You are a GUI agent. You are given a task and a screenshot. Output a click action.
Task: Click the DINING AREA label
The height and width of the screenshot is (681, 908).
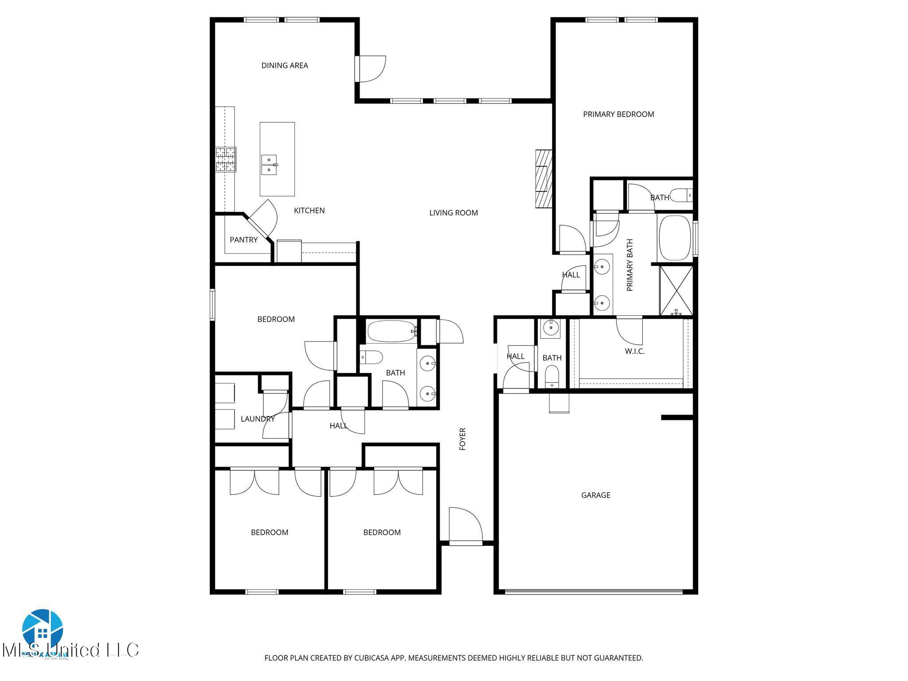click(284, 66)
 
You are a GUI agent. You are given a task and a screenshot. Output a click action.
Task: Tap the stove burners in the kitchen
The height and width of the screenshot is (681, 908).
click(226, 160)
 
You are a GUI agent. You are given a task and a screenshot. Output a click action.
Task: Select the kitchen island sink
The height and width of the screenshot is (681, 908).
click(269, 164)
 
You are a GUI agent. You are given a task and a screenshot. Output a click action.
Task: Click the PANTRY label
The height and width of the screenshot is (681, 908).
click(243, 240)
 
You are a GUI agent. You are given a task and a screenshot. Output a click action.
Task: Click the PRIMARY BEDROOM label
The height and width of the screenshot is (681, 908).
click(618, 114)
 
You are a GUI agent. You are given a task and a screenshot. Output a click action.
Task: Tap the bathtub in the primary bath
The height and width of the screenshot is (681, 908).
click(675, 237)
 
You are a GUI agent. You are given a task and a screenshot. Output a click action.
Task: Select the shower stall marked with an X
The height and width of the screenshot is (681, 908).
click(676, 290)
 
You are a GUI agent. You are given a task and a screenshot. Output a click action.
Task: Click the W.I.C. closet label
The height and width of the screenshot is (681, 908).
click(634, 352)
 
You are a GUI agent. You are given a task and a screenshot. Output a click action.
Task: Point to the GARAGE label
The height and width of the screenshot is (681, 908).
click(595, 495)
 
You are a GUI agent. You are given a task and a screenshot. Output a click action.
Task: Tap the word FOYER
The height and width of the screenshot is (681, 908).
click(462, 439)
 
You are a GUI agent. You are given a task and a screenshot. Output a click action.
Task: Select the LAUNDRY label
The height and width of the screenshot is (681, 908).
click(258, 419)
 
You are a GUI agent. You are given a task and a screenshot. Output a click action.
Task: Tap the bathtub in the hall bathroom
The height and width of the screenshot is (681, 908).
click(392, 332)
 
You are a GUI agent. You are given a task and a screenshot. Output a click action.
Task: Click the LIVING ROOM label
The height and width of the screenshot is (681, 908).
click(453, 213)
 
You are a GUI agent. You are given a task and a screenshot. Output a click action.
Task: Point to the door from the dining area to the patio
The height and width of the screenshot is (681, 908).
click(370, 69)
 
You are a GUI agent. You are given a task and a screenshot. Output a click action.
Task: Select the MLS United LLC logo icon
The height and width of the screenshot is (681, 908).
click(43, 629)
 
